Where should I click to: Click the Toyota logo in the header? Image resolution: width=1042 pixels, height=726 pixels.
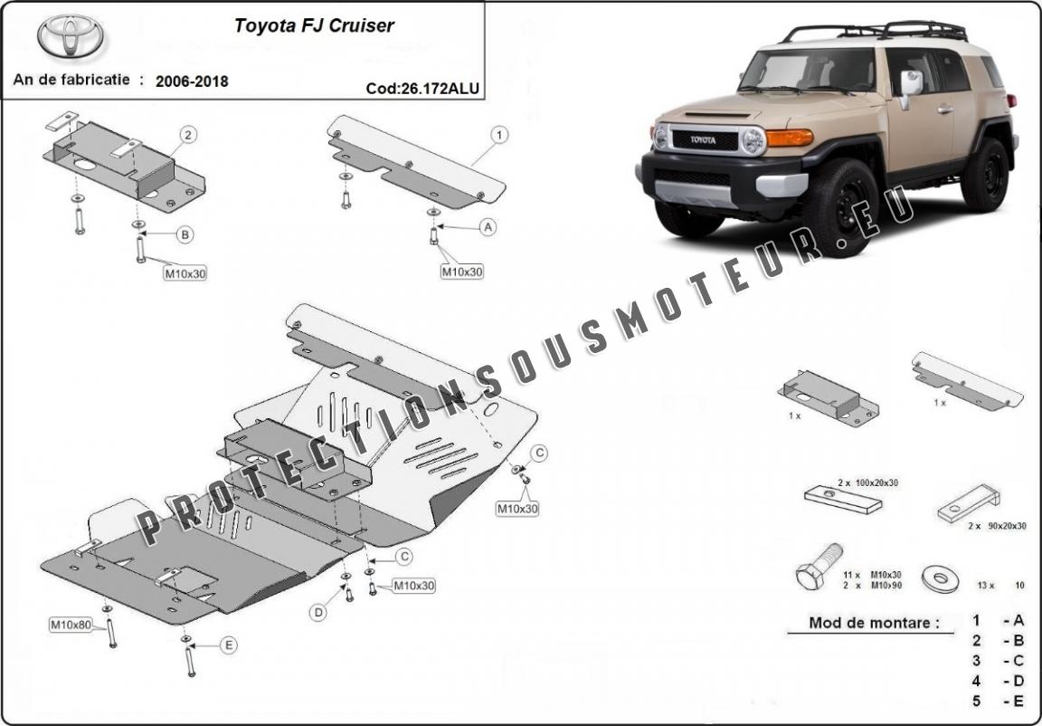pyautogui.click(x=71, y=36)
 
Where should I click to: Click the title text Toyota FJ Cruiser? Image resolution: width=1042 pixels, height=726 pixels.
pyautogui.click(x=314, y=25)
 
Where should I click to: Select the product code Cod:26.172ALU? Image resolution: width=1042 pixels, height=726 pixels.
pyautogui.click(x=422, y=89)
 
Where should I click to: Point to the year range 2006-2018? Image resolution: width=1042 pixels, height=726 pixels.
pyautogui.click(x=192, y=81)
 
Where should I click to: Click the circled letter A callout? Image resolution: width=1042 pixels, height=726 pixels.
pyautogui.click(x=488, y=227)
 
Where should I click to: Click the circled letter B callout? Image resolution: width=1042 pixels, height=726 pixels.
pyautogui.click(x=185, y=235)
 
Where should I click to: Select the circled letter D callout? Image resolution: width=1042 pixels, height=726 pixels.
pyautogui.click(x=318, y=613)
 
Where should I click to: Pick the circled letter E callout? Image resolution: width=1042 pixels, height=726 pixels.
pyautogui.click(x=228, y=645)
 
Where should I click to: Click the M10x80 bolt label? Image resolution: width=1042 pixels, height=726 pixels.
pyautogui.click(x=71, y=625)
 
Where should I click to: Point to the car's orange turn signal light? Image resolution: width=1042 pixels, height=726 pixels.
pyautogui.click(x=790, y=138)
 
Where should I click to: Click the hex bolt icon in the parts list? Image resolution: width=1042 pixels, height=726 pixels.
pyautogui.click(x=817, y=568)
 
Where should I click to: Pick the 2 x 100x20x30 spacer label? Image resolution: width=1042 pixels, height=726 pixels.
pyautogui.click(x=867, y=482)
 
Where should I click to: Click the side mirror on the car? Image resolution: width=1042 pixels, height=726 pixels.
pyautogui.click(x=911, y=84)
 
